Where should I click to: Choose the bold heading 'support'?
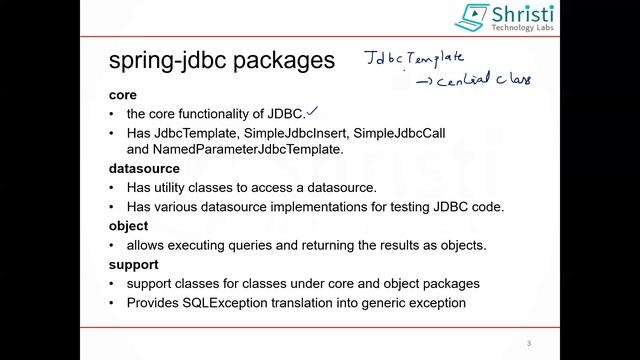[x=133, y=265]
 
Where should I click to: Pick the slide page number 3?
[x=528, y=344]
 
